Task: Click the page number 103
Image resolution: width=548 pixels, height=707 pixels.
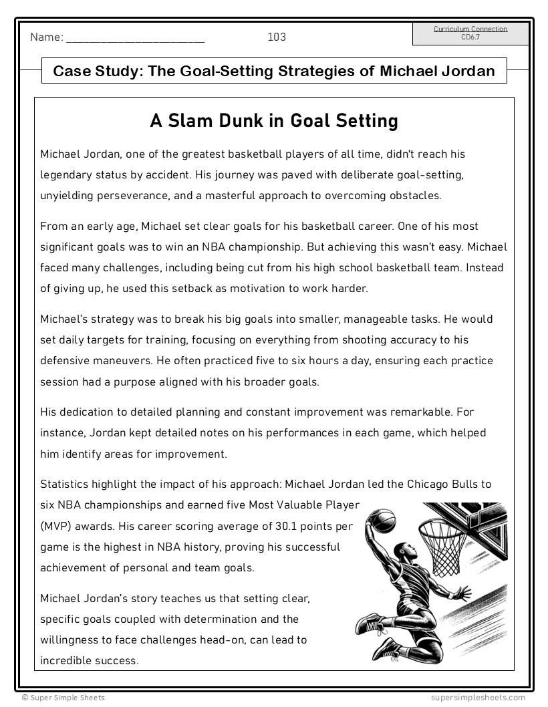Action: (x=277, y=37)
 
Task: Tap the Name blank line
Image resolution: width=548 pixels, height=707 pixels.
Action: (x=136, y=39)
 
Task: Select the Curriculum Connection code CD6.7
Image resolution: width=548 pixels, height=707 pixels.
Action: (x=470, y=37)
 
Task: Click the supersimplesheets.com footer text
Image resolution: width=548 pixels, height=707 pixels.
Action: (x=478, y=698)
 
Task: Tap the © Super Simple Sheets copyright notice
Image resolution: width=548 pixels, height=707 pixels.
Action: (x=63, y=698)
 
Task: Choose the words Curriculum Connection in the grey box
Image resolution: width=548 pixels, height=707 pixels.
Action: (x=470, y=29)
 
